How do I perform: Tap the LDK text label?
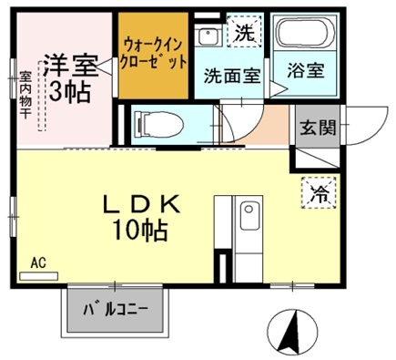139,205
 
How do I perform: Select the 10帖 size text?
139,230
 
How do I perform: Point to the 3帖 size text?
66,91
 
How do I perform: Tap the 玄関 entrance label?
315,127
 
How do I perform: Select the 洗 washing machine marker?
243,35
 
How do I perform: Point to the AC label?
37,262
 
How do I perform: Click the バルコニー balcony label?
115,309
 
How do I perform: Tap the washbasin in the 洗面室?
208,36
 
